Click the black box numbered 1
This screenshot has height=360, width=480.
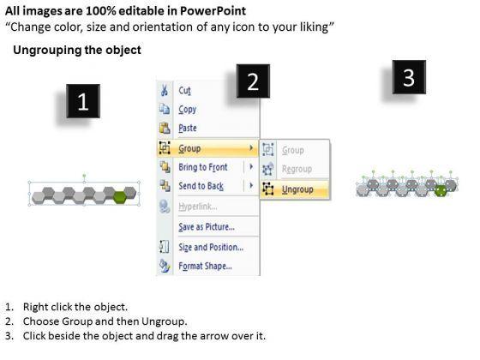click(83, 101)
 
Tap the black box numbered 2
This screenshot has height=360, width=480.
click(253, 81)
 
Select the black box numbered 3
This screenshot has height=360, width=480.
click(409, 77)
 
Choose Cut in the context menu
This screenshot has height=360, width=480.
click(184, 91)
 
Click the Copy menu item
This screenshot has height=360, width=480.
click(188, 110)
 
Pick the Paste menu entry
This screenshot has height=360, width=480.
click(188, 128)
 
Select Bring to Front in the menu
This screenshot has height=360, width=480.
click(203, 167)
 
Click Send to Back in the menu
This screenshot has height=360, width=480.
click(201, 186)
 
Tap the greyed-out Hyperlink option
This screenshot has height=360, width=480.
click(198, 207)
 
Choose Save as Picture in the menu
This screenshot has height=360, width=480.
click(207, 227)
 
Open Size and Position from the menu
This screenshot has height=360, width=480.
click(211, 247)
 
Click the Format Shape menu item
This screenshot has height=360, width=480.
click(205, 266)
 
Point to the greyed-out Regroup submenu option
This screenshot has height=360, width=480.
click(297, 169)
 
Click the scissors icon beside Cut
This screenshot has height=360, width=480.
click(165, 90)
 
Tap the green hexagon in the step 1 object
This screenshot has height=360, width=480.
click(120, 197)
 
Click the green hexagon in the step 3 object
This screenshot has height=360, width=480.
click(441, 190)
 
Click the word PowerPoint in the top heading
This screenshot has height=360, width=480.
click(213, 11)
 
